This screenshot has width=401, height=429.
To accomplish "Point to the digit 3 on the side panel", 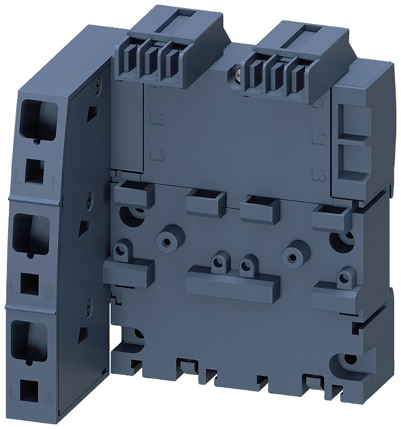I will click(x=48, y=399).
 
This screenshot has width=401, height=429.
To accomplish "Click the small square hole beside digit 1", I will click(x=34, y=171).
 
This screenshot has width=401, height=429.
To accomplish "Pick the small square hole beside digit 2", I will click(x=30, y=283).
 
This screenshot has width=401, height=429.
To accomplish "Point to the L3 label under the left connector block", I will click(x=157, y=157).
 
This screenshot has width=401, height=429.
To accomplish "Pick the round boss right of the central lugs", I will click(x=293, y=250).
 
